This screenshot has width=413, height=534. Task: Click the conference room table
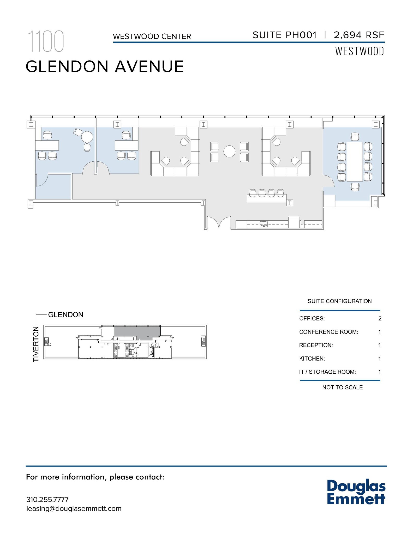coord(355,161)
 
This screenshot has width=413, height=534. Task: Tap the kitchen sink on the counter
coord(264,224)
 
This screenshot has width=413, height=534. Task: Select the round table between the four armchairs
coord(229,151)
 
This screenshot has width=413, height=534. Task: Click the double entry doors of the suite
coord(219,222)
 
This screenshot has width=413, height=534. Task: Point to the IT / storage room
coord(53,187)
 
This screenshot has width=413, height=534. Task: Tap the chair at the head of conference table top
coord(355,137)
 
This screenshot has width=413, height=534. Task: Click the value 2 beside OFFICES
coord(380,318)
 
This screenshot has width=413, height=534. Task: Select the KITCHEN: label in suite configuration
coord(312,359)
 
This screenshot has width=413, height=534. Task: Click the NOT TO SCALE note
coord(342,387)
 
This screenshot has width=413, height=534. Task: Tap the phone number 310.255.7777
coord(47,499)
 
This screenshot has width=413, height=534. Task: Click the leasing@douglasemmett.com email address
coord(74,508)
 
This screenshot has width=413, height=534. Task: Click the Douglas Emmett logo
coord(356,492)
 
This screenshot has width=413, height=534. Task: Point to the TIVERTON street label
coord(36,344)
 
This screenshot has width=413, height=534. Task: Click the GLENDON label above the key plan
coord(65,315)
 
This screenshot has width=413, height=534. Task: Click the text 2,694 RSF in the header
coord(359,35)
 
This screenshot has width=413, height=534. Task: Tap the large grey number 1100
coord(46,41)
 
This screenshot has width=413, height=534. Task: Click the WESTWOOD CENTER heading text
coord(152,36)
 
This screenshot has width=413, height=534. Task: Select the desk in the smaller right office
coord(127,145)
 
